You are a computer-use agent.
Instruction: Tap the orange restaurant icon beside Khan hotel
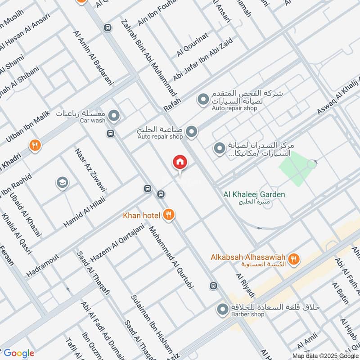pos(169,215)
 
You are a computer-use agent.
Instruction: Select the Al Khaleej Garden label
pos(254,194)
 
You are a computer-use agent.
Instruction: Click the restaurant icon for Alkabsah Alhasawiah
pos(294,258)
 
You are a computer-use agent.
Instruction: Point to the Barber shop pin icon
pos(222,309)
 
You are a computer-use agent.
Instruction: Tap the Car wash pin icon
pos(114,117)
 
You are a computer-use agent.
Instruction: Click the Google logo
pos(18,353)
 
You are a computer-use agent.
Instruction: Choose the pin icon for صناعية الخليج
pos(192,132)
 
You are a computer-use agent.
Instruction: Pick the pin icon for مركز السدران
pos(219,148)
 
